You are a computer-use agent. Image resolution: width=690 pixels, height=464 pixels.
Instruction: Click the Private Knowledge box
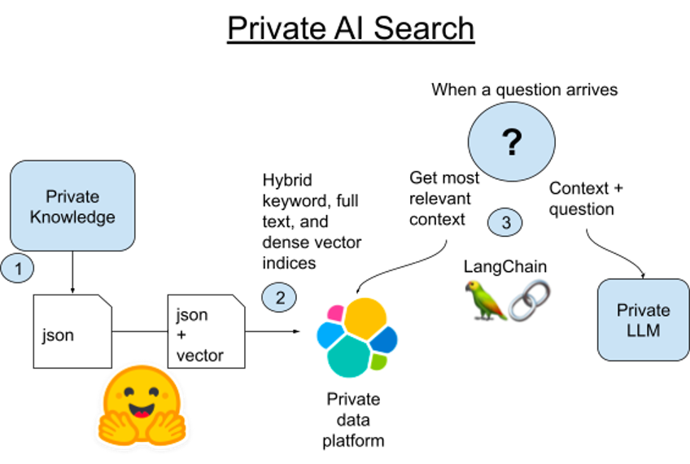tap(72, 206)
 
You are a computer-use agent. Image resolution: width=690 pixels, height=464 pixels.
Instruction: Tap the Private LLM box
tap(643, 320)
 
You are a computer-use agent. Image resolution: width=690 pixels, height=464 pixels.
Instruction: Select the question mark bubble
tap(511, 143)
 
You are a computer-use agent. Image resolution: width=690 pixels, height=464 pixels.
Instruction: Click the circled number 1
tap(17, 268)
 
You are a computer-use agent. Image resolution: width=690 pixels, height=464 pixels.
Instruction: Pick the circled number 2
tap(280, 298)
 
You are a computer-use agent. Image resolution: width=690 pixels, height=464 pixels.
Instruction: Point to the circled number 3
tap(505, 222)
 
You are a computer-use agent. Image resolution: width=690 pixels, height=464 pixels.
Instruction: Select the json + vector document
tap(206, 332)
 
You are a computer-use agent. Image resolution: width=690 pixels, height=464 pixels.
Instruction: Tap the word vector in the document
tap(199, 356)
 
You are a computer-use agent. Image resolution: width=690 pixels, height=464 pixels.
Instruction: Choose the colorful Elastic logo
tap(356, 337)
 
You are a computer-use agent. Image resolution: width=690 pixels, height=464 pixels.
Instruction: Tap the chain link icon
tap(529, 300)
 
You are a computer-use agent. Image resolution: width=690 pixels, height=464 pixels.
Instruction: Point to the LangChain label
tap(504, 267)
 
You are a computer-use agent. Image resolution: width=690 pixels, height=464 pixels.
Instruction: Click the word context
tap(440, 220)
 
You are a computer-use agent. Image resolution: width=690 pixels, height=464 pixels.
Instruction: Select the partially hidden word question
tap(574, 211)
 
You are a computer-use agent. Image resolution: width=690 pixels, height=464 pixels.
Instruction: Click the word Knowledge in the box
tap(72, 217)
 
